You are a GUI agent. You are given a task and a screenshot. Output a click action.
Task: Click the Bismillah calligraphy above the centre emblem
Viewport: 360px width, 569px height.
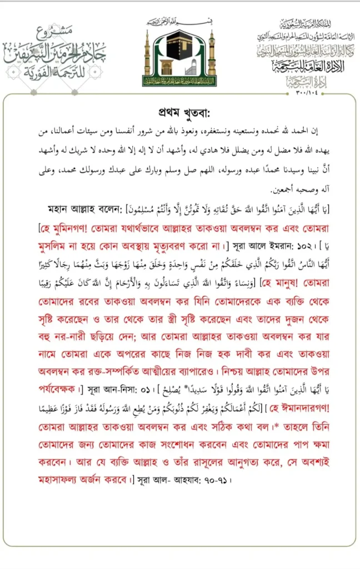[x=179, y=23]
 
